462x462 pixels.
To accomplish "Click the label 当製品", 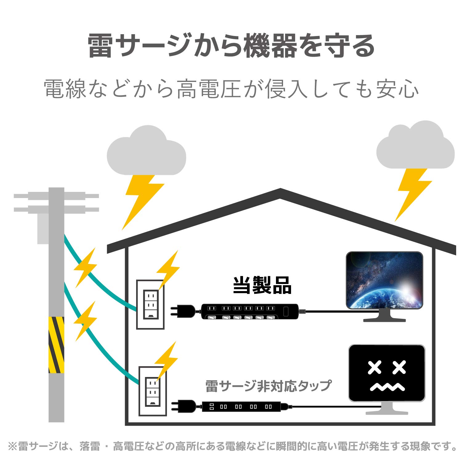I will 262,286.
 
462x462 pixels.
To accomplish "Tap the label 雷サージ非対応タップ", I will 268,386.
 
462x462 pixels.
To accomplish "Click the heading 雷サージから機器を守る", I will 231,46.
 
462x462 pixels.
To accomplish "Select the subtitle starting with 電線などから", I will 231,89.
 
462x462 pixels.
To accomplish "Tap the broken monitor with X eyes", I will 387,373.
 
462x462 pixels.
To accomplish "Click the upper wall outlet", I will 150,304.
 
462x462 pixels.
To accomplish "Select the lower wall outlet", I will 153,391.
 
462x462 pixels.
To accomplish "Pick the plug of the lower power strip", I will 185,406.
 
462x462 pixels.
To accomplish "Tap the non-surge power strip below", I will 241,407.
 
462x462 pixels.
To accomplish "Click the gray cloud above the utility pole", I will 147,152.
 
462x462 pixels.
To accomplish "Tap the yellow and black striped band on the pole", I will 56,345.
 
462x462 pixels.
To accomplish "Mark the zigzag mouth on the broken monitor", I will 387,387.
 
